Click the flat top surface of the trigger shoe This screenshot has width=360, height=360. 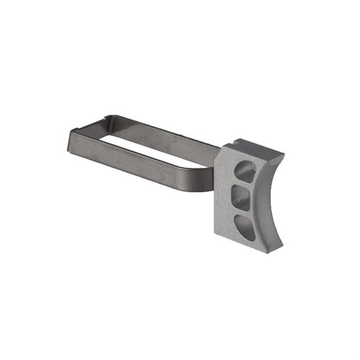pos(252,150)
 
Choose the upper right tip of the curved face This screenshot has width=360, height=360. pos(282,156)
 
